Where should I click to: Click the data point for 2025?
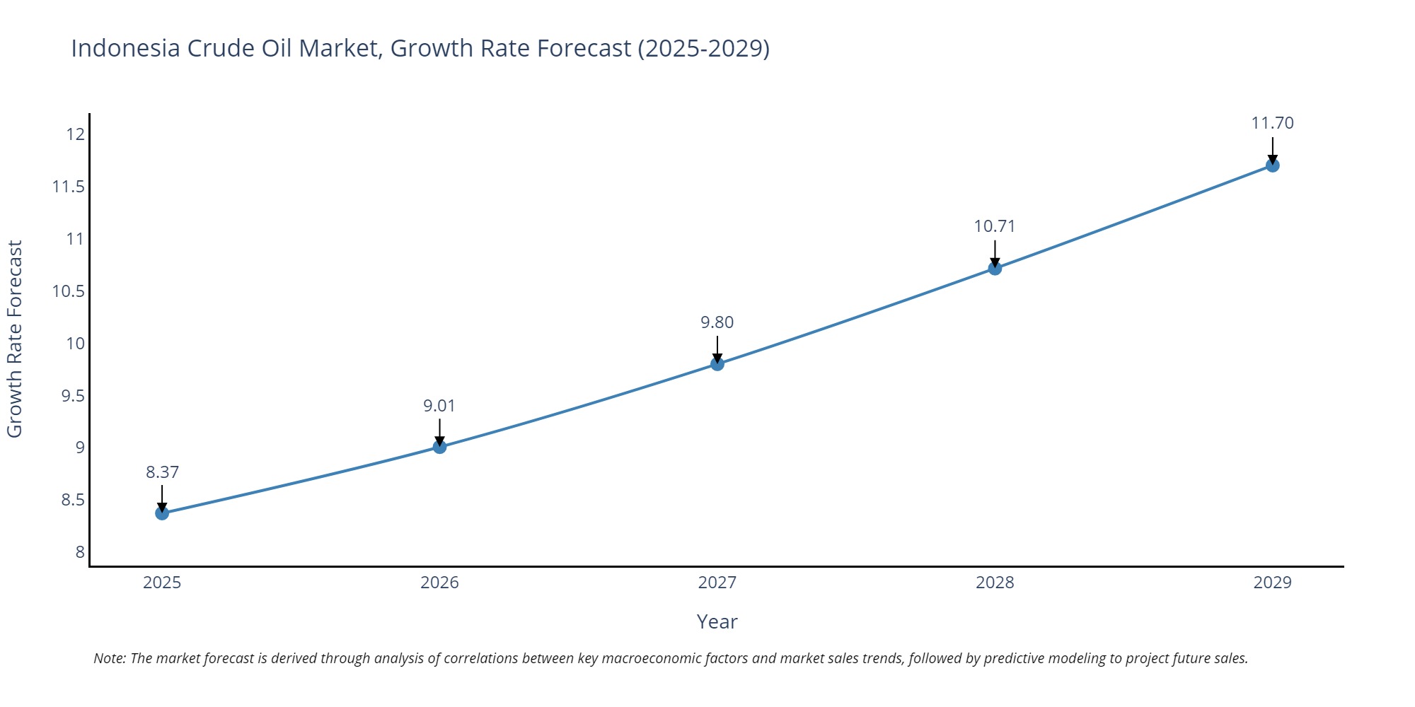point(162,513)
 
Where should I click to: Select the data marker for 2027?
point(717,364)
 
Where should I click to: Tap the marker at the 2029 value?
point(1272,165)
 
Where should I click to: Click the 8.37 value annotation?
point(162,472)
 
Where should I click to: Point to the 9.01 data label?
point(439,406)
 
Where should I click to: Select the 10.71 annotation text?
point(994,226)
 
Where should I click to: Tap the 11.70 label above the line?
point(1272,123)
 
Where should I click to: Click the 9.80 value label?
point(717,322)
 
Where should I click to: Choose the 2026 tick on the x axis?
point(439,583)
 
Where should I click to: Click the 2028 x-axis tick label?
point(994,583)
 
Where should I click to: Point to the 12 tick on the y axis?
point(76,134)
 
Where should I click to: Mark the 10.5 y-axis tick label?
point(68,291)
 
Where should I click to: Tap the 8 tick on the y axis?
point(80,552)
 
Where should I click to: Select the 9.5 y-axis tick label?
point(72,396)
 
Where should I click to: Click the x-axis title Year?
point(717,621)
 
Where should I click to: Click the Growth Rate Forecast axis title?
point(15,339)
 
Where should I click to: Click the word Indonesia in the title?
point(125,48)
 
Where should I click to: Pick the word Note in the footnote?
point(109,658)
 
